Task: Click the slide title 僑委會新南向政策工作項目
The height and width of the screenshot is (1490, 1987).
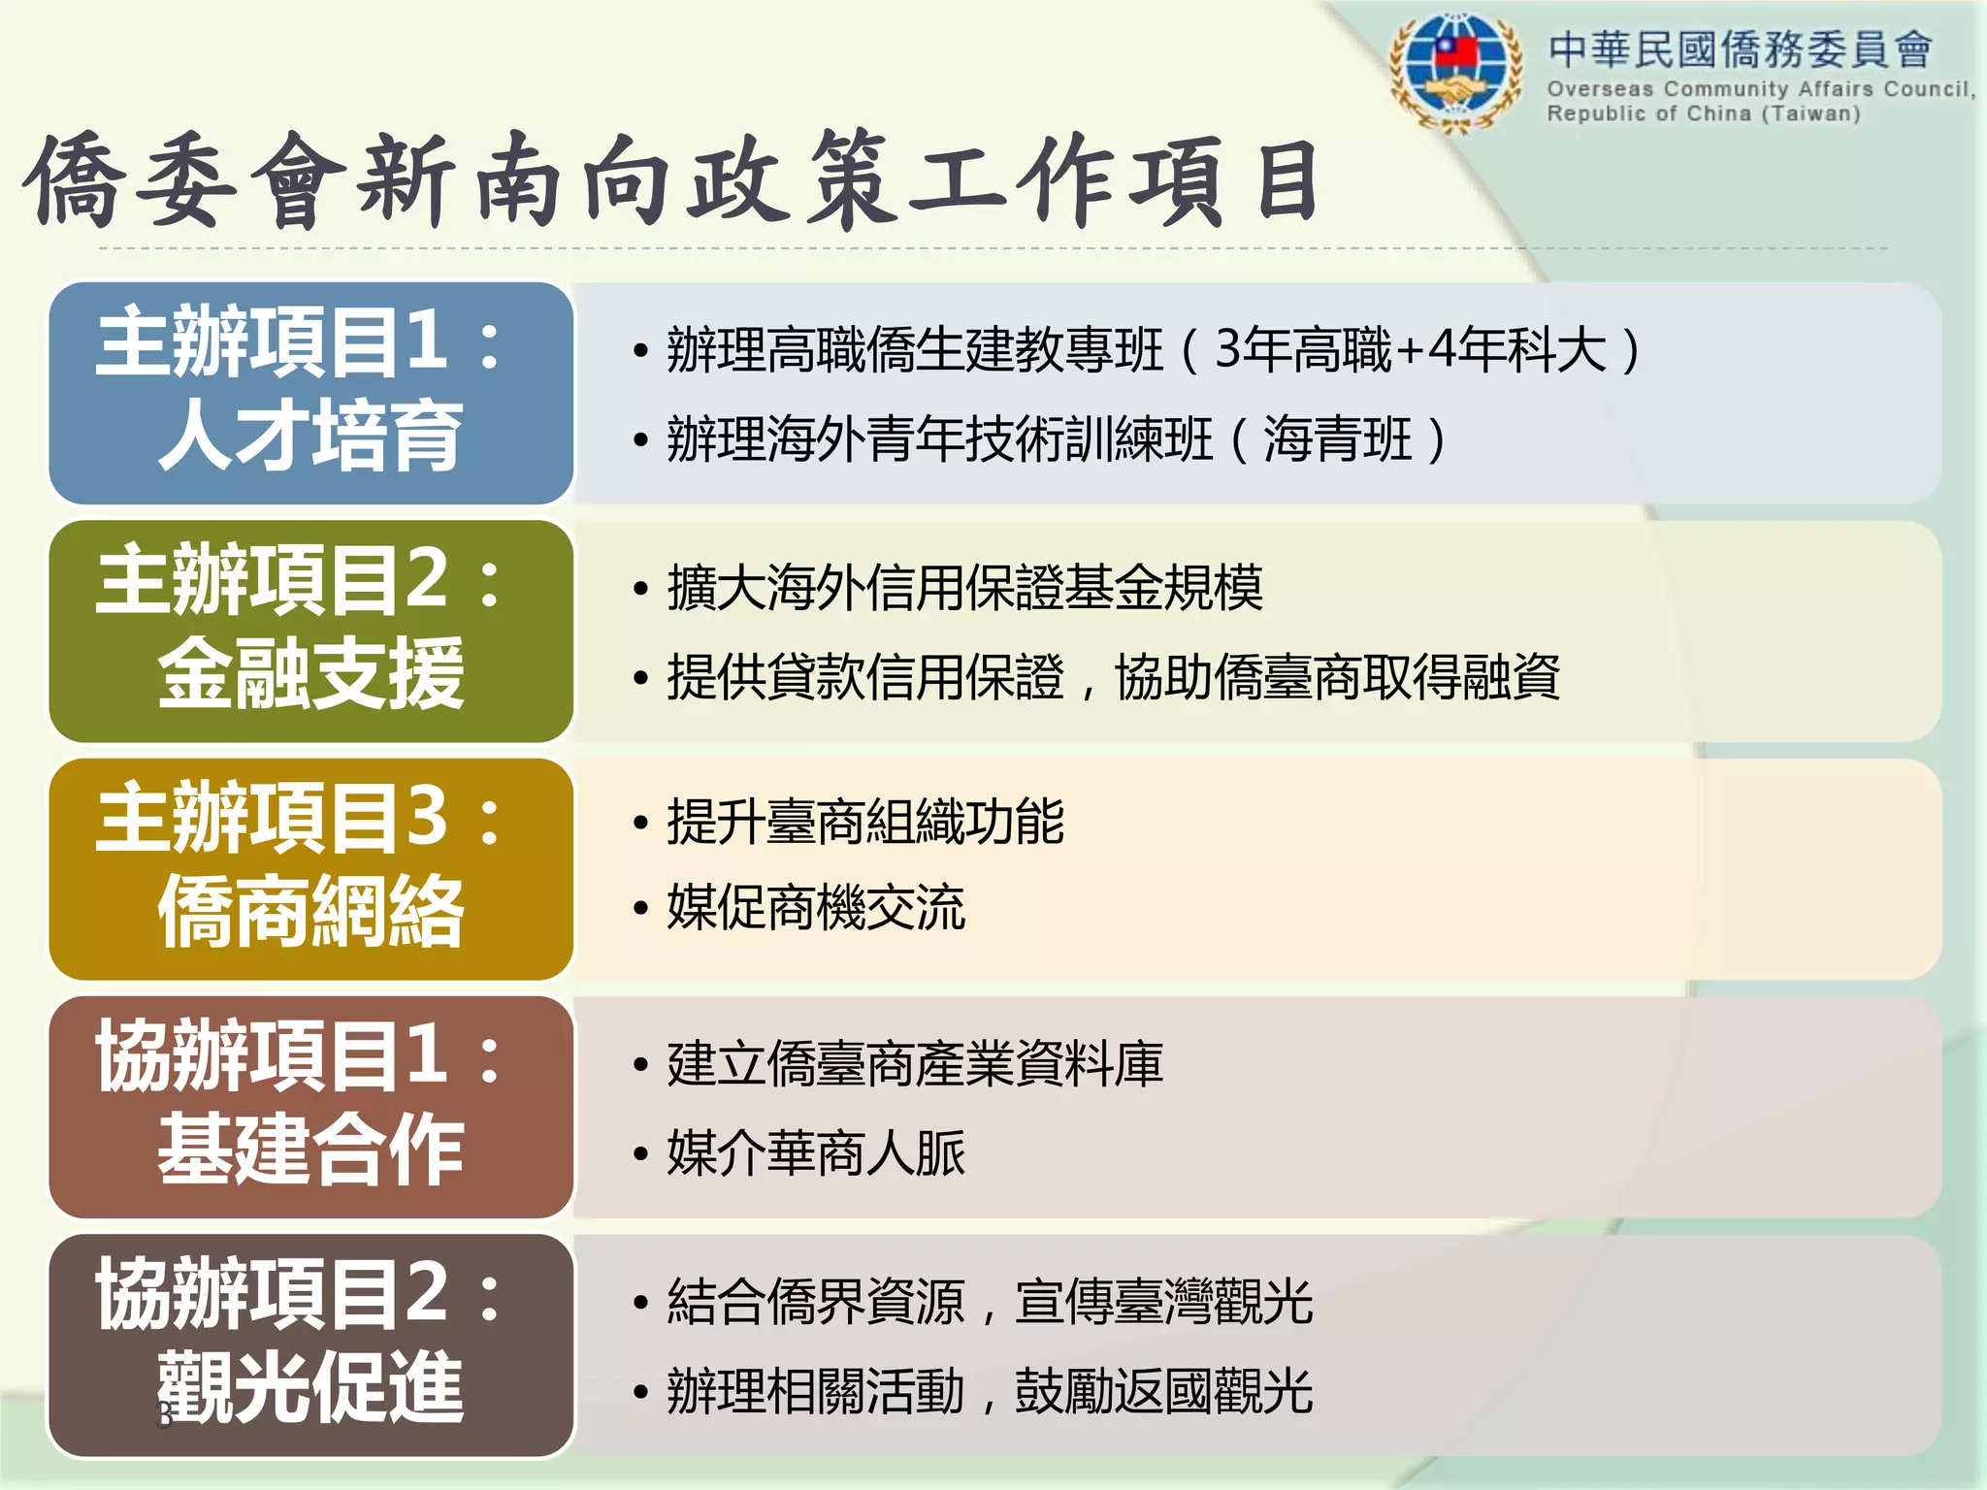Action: (671, 182)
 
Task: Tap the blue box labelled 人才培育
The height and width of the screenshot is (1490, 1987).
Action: (310, 393)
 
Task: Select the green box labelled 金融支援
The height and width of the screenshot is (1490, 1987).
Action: (310, 631)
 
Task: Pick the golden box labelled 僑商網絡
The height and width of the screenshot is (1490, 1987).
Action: (310, 869)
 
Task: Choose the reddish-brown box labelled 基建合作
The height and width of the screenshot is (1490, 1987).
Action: (310, 1107)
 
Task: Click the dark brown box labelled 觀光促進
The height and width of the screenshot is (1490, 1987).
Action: (310, 1345)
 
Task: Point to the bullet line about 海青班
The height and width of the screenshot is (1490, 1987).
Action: (1056, 439)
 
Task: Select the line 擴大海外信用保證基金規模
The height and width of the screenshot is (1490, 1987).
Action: (964, 588)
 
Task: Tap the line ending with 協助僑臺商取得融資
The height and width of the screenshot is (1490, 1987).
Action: (1112, 677)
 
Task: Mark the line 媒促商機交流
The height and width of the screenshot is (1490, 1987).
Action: (815, 909)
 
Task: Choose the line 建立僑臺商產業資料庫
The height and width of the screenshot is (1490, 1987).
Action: (914, 1064)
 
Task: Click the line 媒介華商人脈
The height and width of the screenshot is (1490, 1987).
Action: (815, 1153)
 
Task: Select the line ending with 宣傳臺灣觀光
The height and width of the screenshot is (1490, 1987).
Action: (989, 1302)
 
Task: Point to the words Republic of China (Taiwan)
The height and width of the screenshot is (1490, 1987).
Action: (1704, 113)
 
